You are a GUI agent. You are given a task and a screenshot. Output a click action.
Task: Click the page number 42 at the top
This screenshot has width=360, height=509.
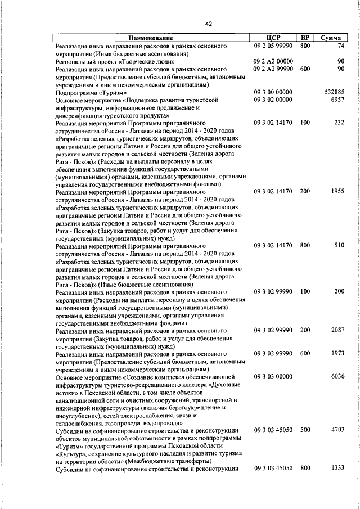[208, 24]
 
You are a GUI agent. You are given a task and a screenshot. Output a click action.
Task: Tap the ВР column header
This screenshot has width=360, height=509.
[305, 38]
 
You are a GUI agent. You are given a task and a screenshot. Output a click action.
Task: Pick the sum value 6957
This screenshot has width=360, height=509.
[337, 100]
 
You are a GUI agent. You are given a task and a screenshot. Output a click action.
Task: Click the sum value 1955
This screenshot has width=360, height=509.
[337, 192]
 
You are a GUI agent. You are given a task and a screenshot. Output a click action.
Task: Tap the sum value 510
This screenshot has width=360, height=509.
[339, 246]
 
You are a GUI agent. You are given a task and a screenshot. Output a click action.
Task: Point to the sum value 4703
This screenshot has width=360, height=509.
[337, 430]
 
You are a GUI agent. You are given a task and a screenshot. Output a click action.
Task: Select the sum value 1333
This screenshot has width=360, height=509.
[337, 468]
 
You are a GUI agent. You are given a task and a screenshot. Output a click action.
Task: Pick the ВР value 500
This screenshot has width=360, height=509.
[305, 430]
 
